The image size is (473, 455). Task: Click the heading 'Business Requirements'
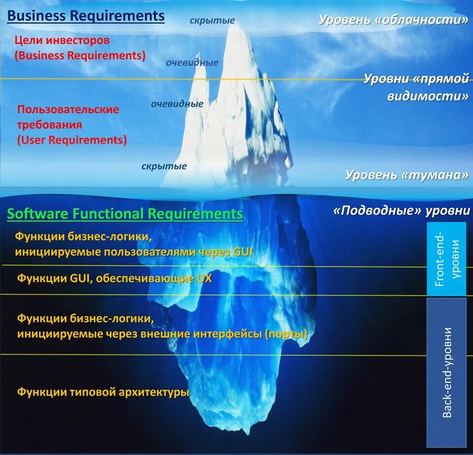pyautogui.click(x=86, y=16)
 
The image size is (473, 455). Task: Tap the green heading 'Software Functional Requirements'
pyautogui.click(x=125, y=214)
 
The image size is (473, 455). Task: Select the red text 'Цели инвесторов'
pyautogui.click(x=62, y=40)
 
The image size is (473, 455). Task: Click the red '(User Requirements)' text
pyautogui.click(x=72, y=140)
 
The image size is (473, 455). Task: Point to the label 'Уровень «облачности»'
pyautogui.click(x=393, y=20)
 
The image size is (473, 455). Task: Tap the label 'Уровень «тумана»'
pyautogui.click(x=406, y=175)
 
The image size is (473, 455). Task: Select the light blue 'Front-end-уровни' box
pyautogui.click(x=446, y=259)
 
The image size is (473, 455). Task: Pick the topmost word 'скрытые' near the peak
pyautogui.click(x=212, y=21)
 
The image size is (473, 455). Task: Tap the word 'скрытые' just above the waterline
pyautogui.click(x=164, y=166)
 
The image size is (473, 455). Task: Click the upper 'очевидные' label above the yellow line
pyautogui.click(x=192, y=63)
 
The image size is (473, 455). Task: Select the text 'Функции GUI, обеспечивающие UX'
pyautogui.click(x=114, y=278)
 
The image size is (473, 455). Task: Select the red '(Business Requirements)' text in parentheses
pyautogui.click(x=80, y=55)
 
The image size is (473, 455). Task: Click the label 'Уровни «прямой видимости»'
pyautogui.click(x=416, y=87)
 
